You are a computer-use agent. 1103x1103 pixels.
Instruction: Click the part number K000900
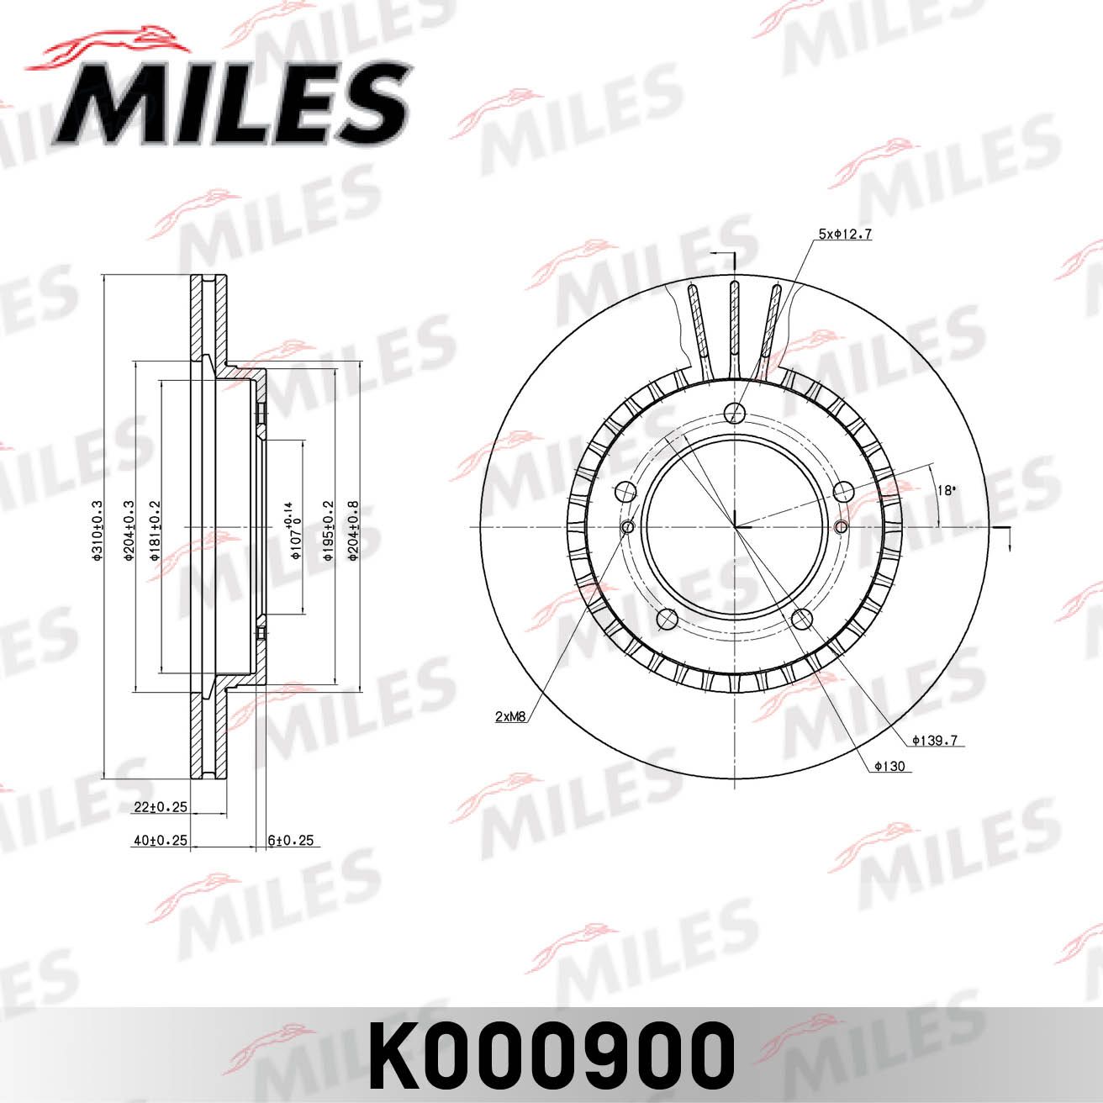click(x=551, y=1055)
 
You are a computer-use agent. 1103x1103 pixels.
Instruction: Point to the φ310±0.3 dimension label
click(x=98, y=530)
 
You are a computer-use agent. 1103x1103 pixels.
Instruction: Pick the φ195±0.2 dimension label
click(x=329, y=530)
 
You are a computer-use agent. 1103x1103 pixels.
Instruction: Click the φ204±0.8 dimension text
click(x=353, y=530)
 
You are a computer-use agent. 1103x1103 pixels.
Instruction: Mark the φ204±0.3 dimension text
click(x=130, y=530)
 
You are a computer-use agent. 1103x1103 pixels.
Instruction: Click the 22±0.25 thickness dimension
click(x=160, y=807)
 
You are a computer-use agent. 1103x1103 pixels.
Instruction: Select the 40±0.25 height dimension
click(x=160, y=840)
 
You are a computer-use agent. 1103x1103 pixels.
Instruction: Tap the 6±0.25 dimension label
click(x=290, y=840)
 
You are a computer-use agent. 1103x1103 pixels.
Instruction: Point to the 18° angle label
click(x=947, y=490)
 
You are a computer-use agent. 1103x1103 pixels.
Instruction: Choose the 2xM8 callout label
click(x=510, y=717)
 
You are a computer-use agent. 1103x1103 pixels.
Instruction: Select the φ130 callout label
click(x=889, y=766)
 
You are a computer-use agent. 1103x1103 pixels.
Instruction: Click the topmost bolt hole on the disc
click(x=735, y=413)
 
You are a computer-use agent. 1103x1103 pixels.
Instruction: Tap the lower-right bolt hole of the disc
click(x=803, y=620)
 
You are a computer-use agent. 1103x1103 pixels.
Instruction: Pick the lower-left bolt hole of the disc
click(x=668, y=620)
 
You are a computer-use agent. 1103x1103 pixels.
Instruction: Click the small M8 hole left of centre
click(x=627, y=527)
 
